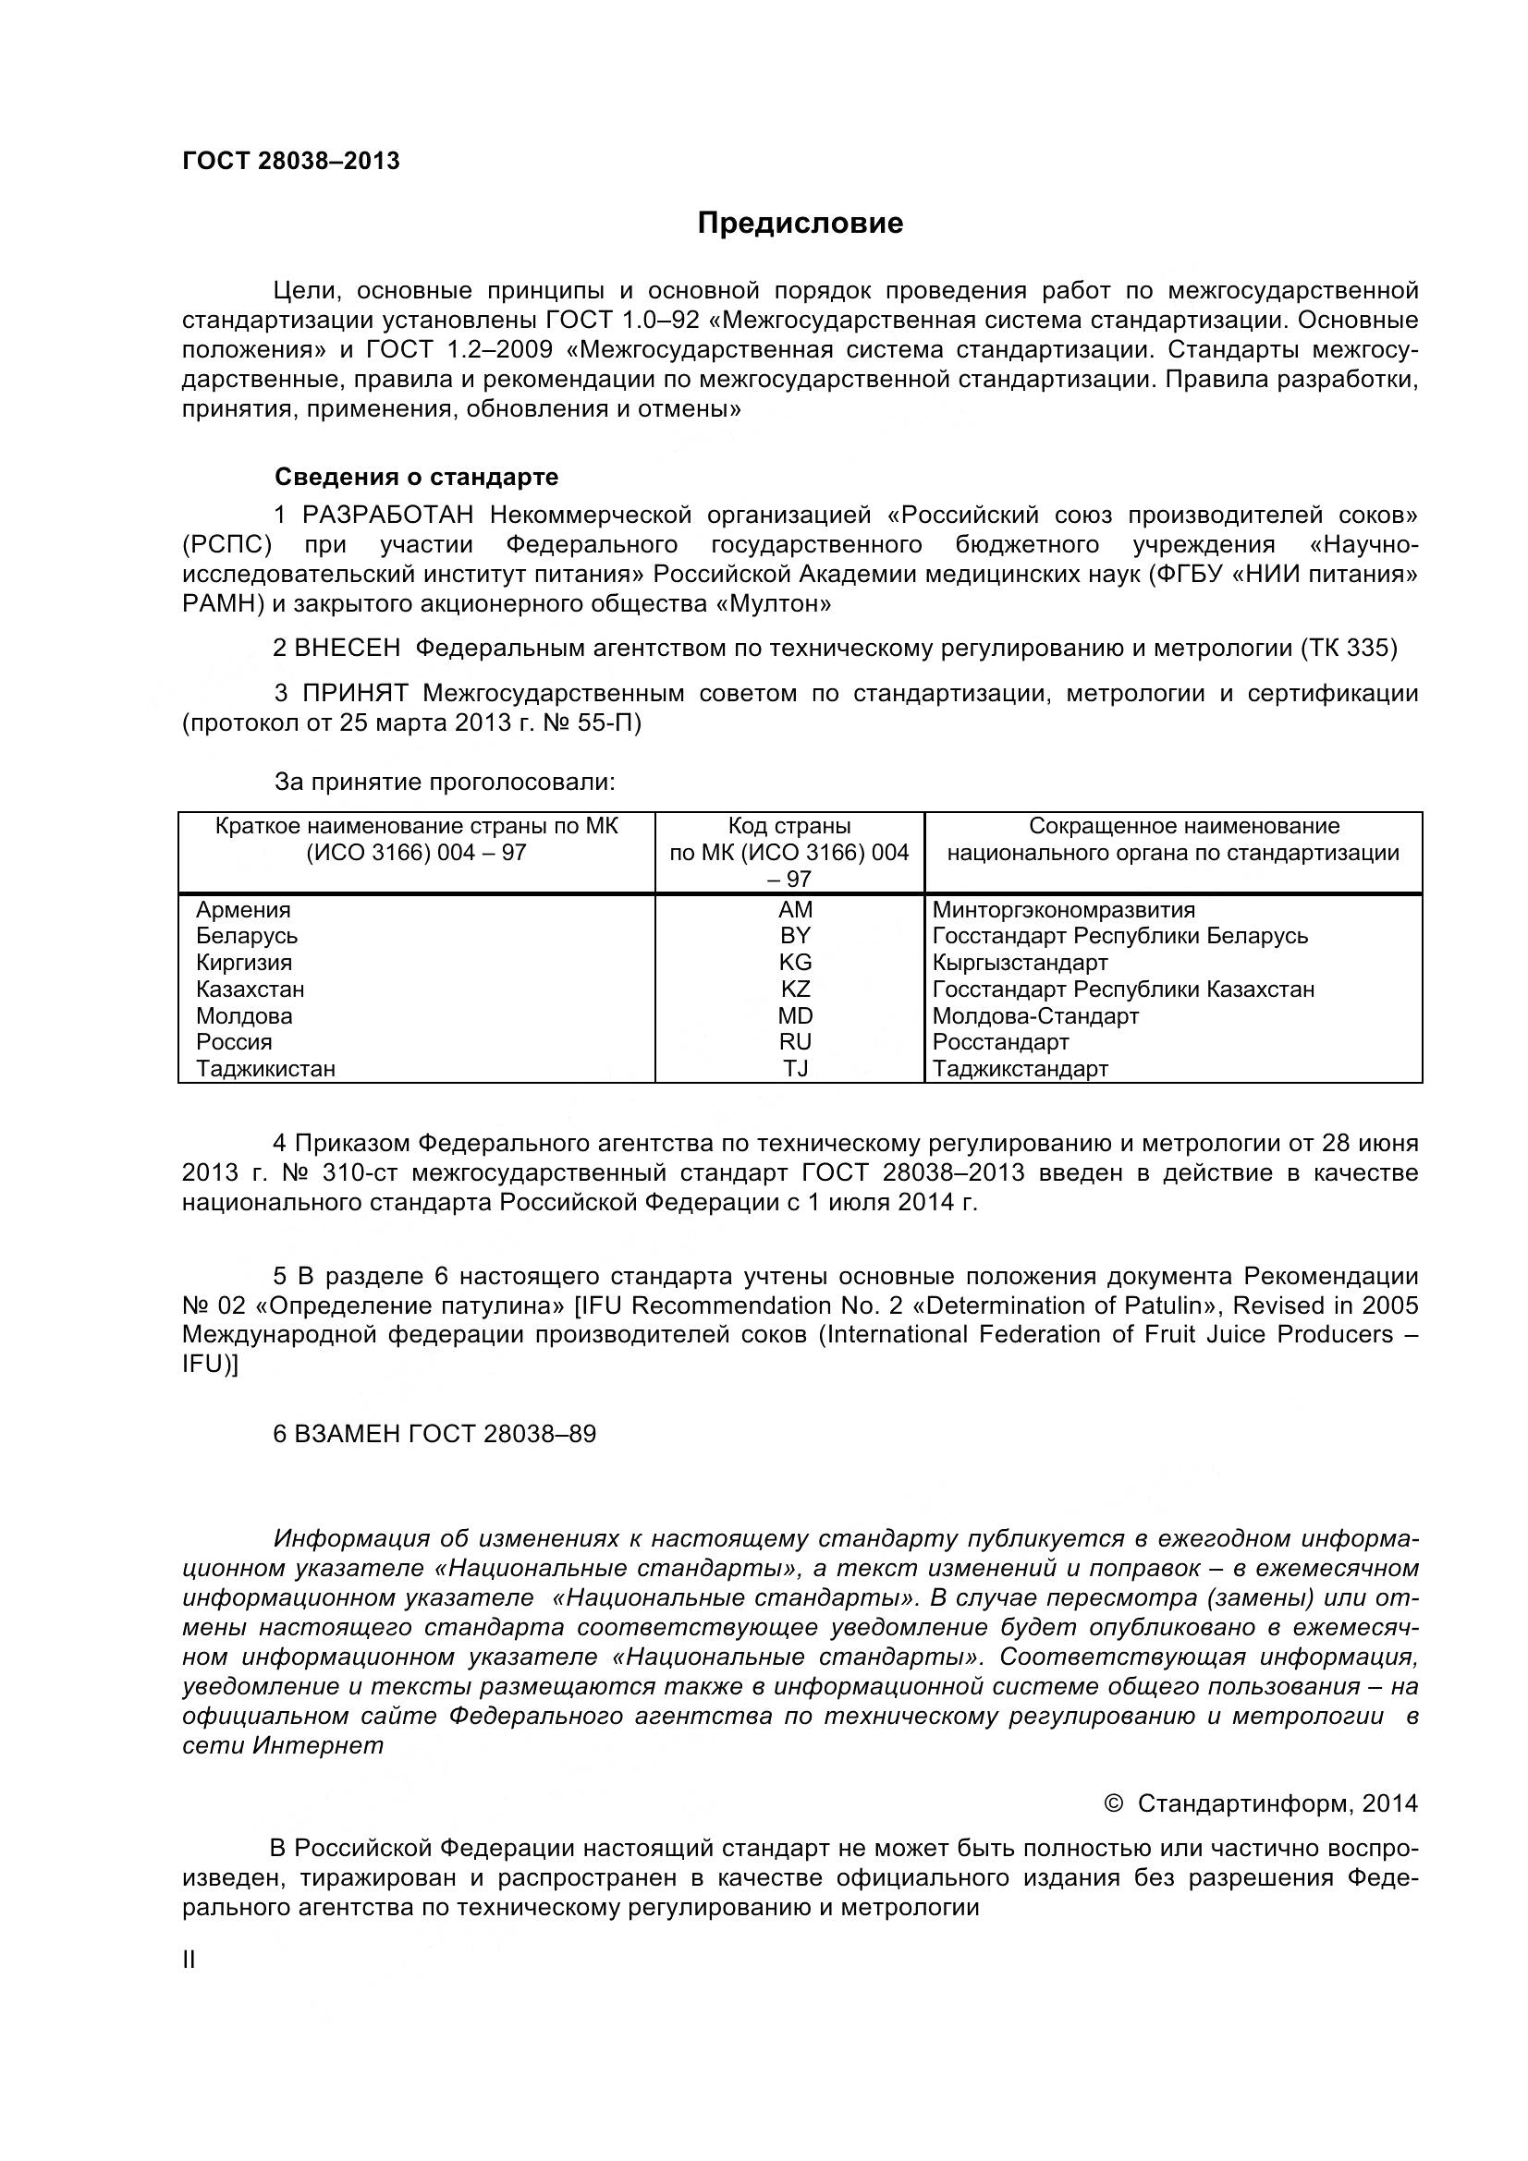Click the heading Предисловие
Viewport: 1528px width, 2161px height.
coord(800,223)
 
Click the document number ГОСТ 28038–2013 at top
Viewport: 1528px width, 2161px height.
coord(291,161)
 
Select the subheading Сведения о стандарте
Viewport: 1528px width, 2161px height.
coord(416,477)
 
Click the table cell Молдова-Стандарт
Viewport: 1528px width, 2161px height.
coord(1035,1016)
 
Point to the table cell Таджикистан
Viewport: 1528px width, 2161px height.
coord(265,1069)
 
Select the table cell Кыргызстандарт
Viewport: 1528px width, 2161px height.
coord(1020,963)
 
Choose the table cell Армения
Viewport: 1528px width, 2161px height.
coord(243,910)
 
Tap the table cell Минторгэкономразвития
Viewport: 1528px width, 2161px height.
coord(1064,910)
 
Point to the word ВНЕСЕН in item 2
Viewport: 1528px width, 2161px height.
coord(348,648)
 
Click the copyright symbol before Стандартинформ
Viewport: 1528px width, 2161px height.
coord(1112,1803)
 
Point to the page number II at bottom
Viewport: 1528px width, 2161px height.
coord(189,1961)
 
